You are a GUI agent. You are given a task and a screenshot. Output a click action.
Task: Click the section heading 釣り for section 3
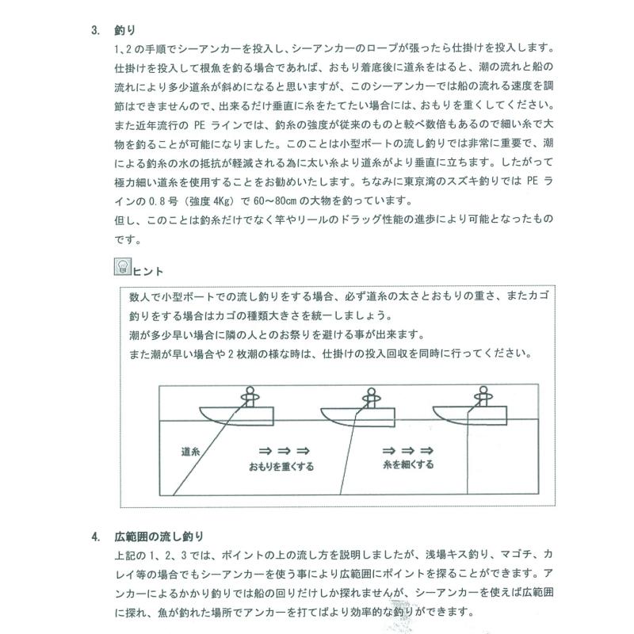126,31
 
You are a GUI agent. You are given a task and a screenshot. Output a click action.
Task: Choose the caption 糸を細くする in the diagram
407,464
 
